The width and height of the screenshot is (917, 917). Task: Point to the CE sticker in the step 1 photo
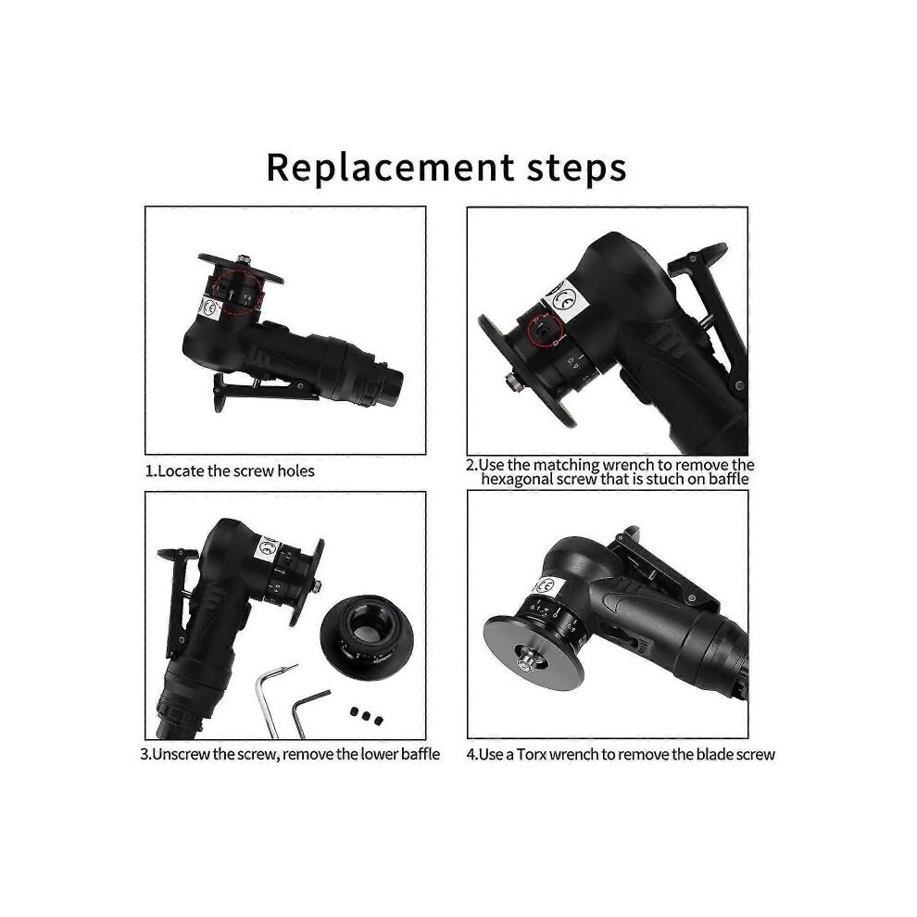pyautogui.click(x=208, y=307)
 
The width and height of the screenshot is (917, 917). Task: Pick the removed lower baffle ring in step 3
pyautogui.click(x=368, y=637)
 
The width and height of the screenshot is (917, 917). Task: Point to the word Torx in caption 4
pyautogui.click(x=533, y=754)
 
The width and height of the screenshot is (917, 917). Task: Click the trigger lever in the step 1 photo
pyautogui.click(x=263, y=391)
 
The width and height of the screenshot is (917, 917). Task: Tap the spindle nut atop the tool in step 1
pyautogui.click(x=243, y=258)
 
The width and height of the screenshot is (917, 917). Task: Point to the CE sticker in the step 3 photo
pyautogui.click(x=268, y=549)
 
